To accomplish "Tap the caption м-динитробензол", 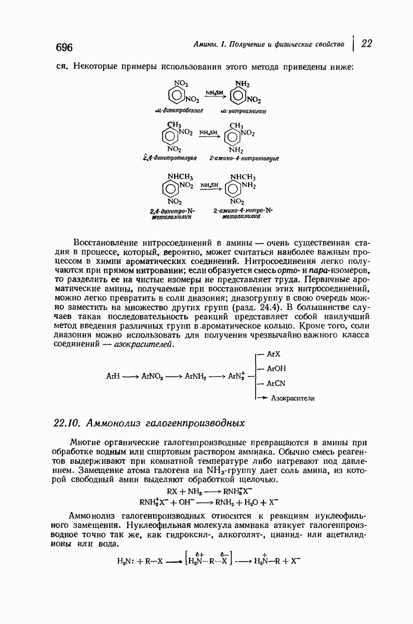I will tap(179, 110).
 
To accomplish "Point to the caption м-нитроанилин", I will tap(244, 110).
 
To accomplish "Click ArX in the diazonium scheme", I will tap(273, 354).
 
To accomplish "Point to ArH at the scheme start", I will tap(112, 376).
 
